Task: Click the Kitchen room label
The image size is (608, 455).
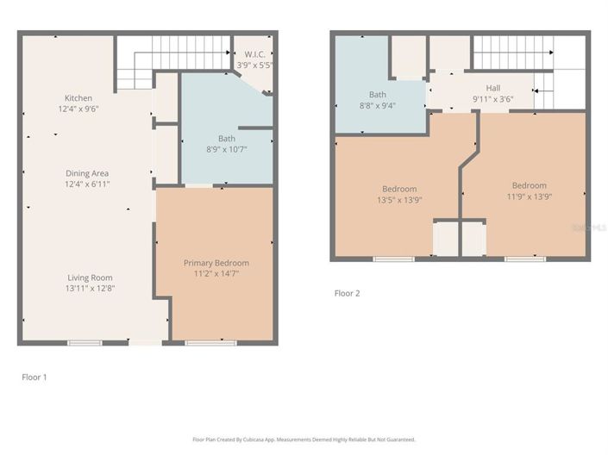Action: (x=78, y=98)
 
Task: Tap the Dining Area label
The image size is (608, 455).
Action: (x=87, y=173)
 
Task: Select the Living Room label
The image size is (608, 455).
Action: (x=91, y=277)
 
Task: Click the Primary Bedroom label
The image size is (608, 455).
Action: (x=216, y=263)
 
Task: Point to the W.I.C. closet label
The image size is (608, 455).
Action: (x=254, y=53)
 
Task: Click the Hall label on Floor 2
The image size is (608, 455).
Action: (x=492, y=88)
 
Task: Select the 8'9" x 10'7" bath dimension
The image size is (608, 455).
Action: (x=227, y=150)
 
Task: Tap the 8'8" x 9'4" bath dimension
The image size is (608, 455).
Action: (x=378, y=106)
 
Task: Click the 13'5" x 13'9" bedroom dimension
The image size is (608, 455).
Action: (x=399, y=200)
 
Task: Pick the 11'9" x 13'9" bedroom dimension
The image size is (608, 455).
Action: (x=529, y=197)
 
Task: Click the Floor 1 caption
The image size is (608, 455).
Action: (x=34, y=377)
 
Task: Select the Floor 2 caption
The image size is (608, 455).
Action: (x=347, y=293)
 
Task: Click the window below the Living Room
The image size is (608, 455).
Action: (x=85, y=343)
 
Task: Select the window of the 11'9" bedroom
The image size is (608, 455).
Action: (x=524, y=259)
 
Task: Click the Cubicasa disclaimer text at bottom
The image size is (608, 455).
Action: (x=304, y=439)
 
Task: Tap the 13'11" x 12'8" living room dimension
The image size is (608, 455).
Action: (x=91, y=288)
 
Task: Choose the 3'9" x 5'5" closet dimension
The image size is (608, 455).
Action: (x=254, y=65)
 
